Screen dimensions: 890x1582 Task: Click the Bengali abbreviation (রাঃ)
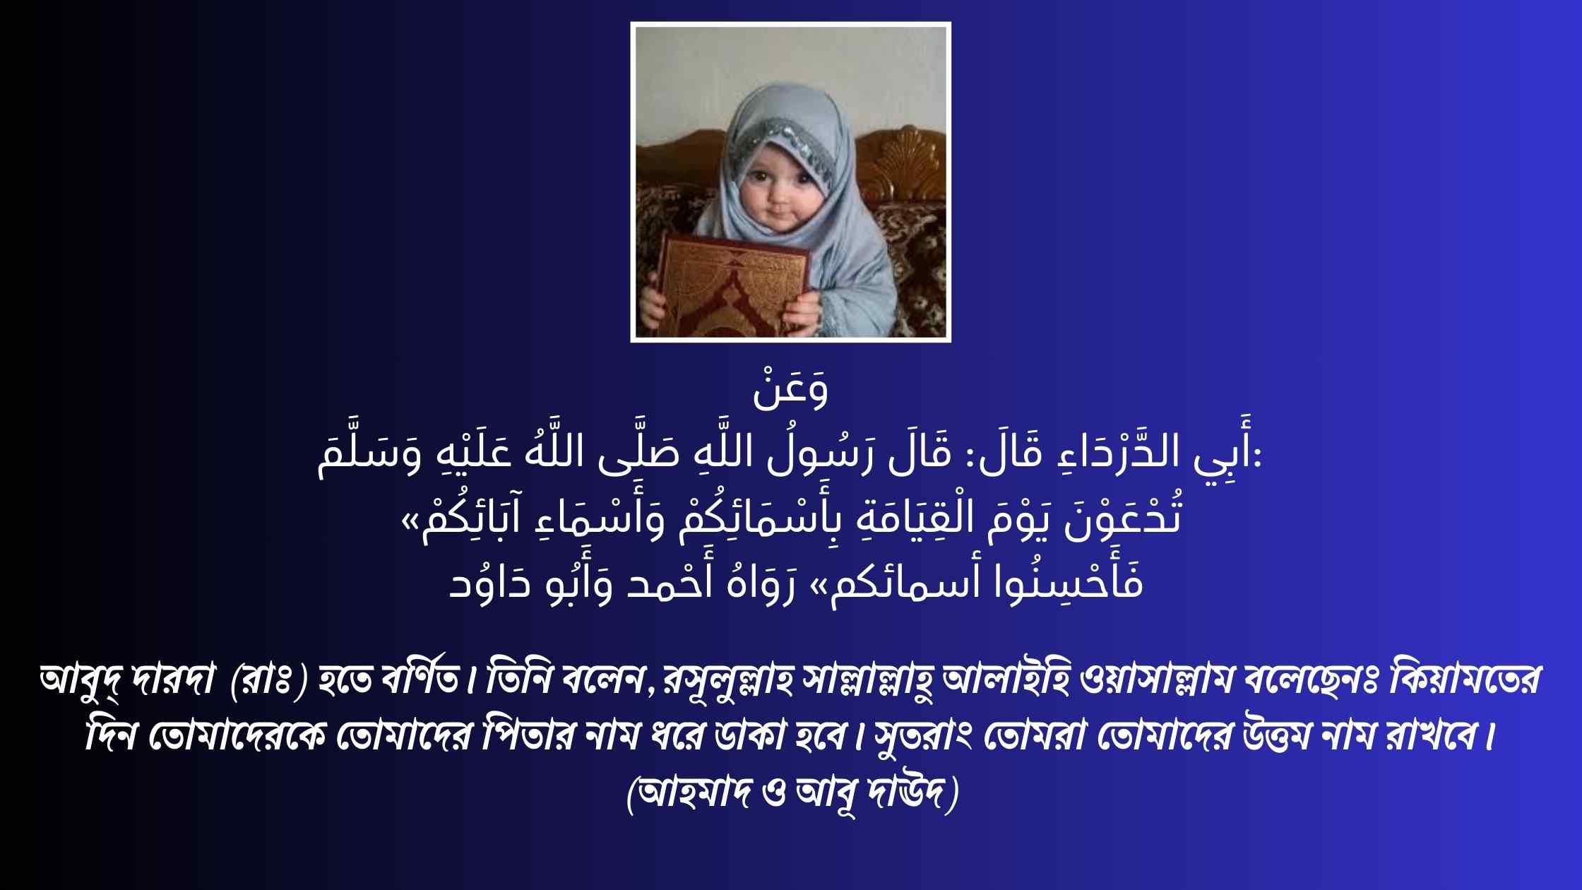coord(269,680)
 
